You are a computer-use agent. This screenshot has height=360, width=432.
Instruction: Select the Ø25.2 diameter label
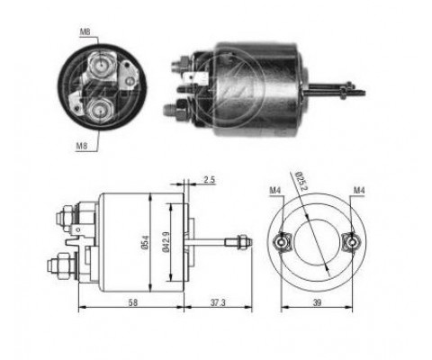pos(301,188)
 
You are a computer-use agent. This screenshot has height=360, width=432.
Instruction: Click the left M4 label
pos(275,190)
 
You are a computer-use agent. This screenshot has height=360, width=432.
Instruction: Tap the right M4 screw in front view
pos(354,241)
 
